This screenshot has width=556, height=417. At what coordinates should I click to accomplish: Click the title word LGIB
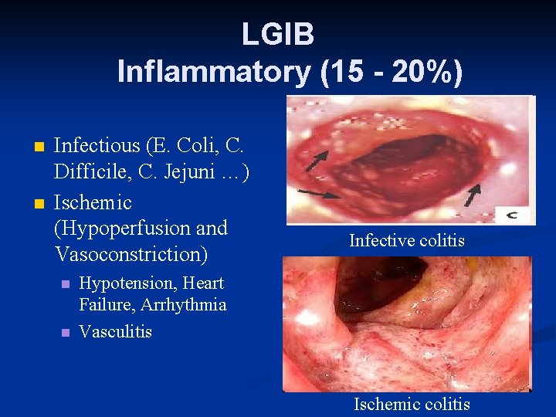pyautogui.click(x=277, y=34)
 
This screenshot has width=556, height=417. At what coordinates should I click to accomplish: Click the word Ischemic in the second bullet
pyautogui.click(x=93, y=202)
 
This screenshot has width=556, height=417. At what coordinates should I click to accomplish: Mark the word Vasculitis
pyautogui.click(x=115, y=332)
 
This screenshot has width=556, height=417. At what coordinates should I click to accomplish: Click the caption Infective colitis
pyautogui.click(x=407, y=241)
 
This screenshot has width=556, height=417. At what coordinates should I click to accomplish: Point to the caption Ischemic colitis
pyautogui.click(x=412, y=404)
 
